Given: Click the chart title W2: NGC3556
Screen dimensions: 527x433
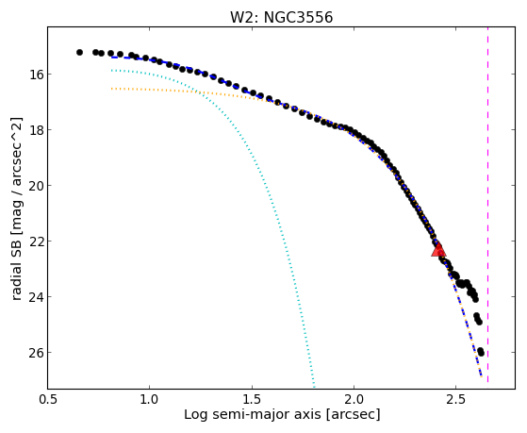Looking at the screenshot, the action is click(x=281, y=17).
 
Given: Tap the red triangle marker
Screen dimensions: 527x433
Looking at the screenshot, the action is click(x=438, y=250).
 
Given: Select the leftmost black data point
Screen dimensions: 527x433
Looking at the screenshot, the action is click(x=79, y=52).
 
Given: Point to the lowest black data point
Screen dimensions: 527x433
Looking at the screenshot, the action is click(x=481, y=353).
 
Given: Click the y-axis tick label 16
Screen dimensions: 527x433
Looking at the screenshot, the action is click(x=35, y=74).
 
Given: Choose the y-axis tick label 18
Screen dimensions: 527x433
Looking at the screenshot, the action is click(x=35, y=129).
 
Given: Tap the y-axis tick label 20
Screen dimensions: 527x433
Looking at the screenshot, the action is click(x=35, y=186).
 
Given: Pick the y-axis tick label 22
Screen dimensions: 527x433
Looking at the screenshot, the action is click(x=35, y=241).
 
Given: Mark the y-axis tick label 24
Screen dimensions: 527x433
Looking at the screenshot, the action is click(x=35, y=297).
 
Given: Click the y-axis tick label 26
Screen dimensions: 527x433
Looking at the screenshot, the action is click(x=35, y=353).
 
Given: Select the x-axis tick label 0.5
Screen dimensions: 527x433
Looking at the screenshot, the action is click(x=47, y=399).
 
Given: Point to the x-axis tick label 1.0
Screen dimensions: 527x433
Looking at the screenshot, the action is click(x=150, y=399).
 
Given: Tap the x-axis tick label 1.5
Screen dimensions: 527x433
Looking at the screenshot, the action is click(x=252, y=399).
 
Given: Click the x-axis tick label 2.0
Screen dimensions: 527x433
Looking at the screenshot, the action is click(x=354, y=399).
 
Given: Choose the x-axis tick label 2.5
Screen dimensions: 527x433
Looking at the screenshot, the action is click(x=456, y=399).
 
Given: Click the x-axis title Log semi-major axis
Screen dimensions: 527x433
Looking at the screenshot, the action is click(x=253, y=415).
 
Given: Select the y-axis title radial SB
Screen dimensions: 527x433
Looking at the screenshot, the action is click(x=17, y=272).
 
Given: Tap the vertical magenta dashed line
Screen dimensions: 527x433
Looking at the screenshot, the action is click(x=487, y=205).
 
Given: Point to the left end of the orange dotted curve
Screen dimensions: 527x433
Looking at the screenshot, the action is click(x=111, y=89).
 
